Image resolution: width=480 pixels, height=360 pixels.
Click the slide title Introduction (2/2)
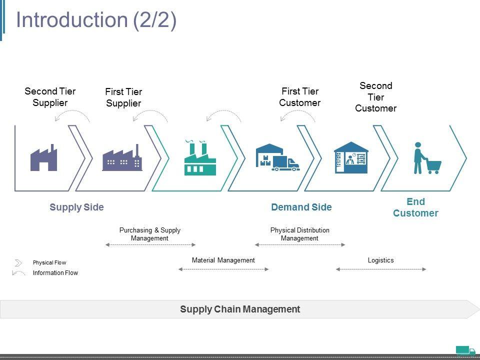tap(96, 20)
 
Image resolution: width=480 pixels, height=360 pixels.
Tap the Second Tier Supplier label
tap(50, 97)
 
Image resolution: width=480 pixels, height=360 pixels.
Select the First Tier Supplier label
tap(123, 97)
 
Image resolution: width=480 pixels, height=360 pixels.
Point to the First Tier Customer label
tap(299, 97)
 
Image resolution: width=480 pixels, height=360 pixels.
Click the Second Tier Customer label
tap(375, 97)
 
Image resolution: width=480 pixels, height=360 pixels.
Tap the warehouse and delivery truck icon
tap(277, 158)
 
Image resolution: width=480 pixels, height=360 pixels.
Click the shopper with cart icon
tap(426, 158)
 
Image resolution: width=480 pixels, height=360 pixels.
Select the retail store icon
tap(351, 158)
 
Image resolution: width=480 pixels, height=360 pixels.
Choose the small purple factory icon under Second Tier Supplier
tap(44, 158)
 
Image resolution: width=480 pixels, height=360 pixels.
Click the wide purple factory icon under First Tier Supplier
tap(122, 158)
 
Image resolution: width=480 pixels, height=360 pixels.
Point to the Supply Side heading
tap(76, 207)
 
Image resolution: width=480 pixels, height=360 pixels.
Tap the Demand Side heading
tap(301, 207)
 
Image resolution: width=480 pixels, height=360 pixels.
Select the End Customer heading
tap(415, 207)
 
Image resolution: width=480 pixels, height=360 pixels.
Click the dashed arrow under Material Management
tap(223, 269)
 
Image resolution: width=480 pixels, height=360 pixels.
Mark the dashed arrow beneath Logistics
tap(381, 269)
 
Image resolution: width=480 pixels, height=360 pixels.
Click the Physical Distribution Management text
tap(299, 234)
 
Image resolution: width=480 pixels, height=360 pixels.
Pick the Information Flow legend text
tap(55, 273)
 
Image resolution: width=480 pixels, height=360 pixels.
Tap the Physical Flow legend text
tap(49, 262)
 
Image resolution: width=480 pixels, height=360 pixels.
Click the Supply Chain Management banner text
tap(240, 309)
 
